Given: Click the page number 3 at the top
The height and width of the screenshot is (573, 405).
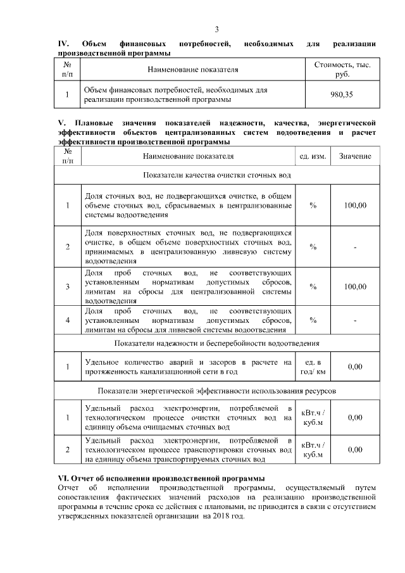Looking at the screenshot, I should tap(217, 30).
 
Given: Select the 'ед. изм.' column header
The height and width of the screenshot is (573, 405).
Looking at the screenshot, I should tap(313, 156).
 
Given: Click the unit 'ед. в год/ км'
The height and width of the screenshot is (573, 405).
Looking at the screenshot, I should tap(313, 366).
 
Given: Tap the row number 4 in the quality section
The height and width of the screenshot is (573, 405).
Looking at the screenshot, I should tap(68, 320).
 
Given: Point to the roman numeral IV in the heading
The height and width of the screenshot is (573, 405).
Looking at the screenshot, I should tap(63, 43).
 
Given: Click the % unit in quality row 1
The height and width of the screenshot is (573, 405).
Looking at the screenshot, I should tap(313, 206).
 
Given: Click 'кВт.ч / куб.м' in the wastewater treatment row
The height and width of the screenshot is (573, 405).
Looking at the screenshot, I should tap(313, 417).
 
